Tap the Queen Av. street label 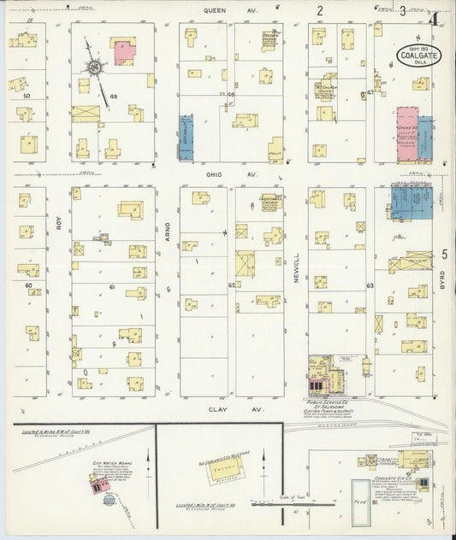[x=218, y=11]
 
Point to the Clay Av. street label [x=216, y=409]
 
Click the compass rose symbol [x=94, y=67]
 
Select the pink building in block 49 [x=124, y=50]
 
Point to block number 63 [x=370, y=285]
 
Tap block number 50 [x=27, y=97]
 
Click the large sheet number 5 [x=445, y=254]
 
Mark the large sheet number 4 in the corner [x=435, y=15]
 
